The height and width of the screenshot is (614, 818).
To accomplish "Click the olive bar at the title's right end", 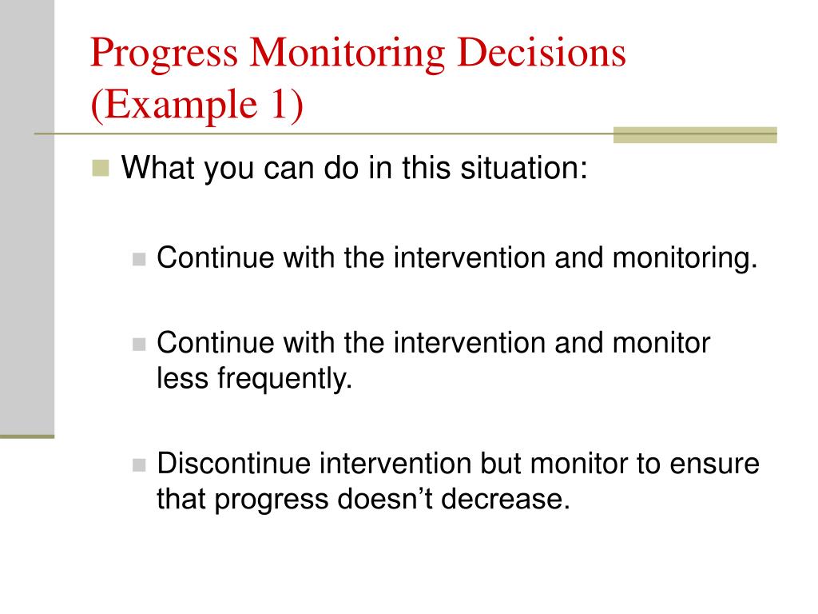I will [x=695, y=135].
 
